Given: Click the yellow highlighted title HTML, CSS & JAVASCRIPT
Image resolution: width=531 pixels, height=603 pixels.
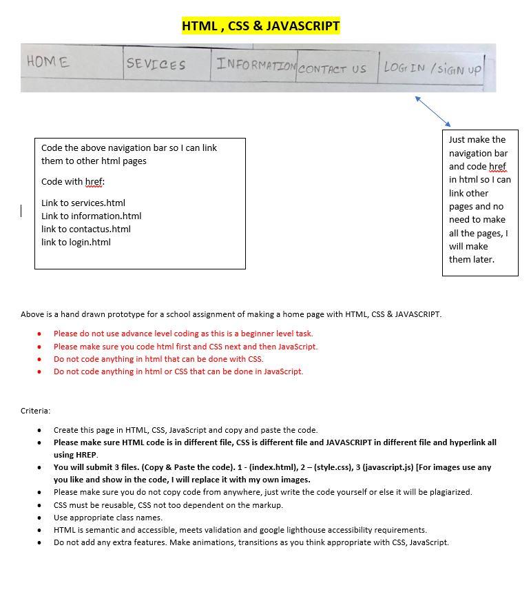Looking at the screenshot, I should [260, 26].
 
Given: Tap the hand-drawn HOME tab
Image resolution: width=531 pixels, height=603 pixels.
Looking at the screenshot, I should [48, 62].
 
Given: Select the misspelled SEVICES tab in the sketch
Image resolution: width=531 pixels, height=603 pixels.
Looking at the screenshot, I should [156, 65].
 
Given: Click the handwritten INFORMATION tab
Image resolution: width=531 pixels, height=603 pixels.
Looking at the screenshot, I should [256, 65].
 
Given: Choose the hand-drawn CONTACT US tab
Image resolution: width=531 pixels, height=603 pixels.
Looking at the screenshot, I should [332, 69].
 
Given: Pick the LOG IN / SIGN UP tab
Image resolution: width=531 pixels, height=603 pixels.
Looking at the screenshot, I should [433, 69].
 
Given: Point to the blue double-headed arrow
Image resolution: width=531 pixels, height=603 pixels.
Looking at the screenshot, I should [433, 111].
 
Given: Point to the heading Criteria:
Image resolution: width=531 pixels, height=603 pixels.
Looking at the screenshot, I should [35, 411].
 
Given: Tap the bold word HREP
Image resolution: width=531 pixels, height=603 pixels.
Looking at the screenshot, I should [86, 455].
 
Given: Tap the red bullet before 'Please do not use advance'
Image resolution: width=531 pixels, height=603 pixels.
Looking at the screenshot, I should [39, 334].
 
